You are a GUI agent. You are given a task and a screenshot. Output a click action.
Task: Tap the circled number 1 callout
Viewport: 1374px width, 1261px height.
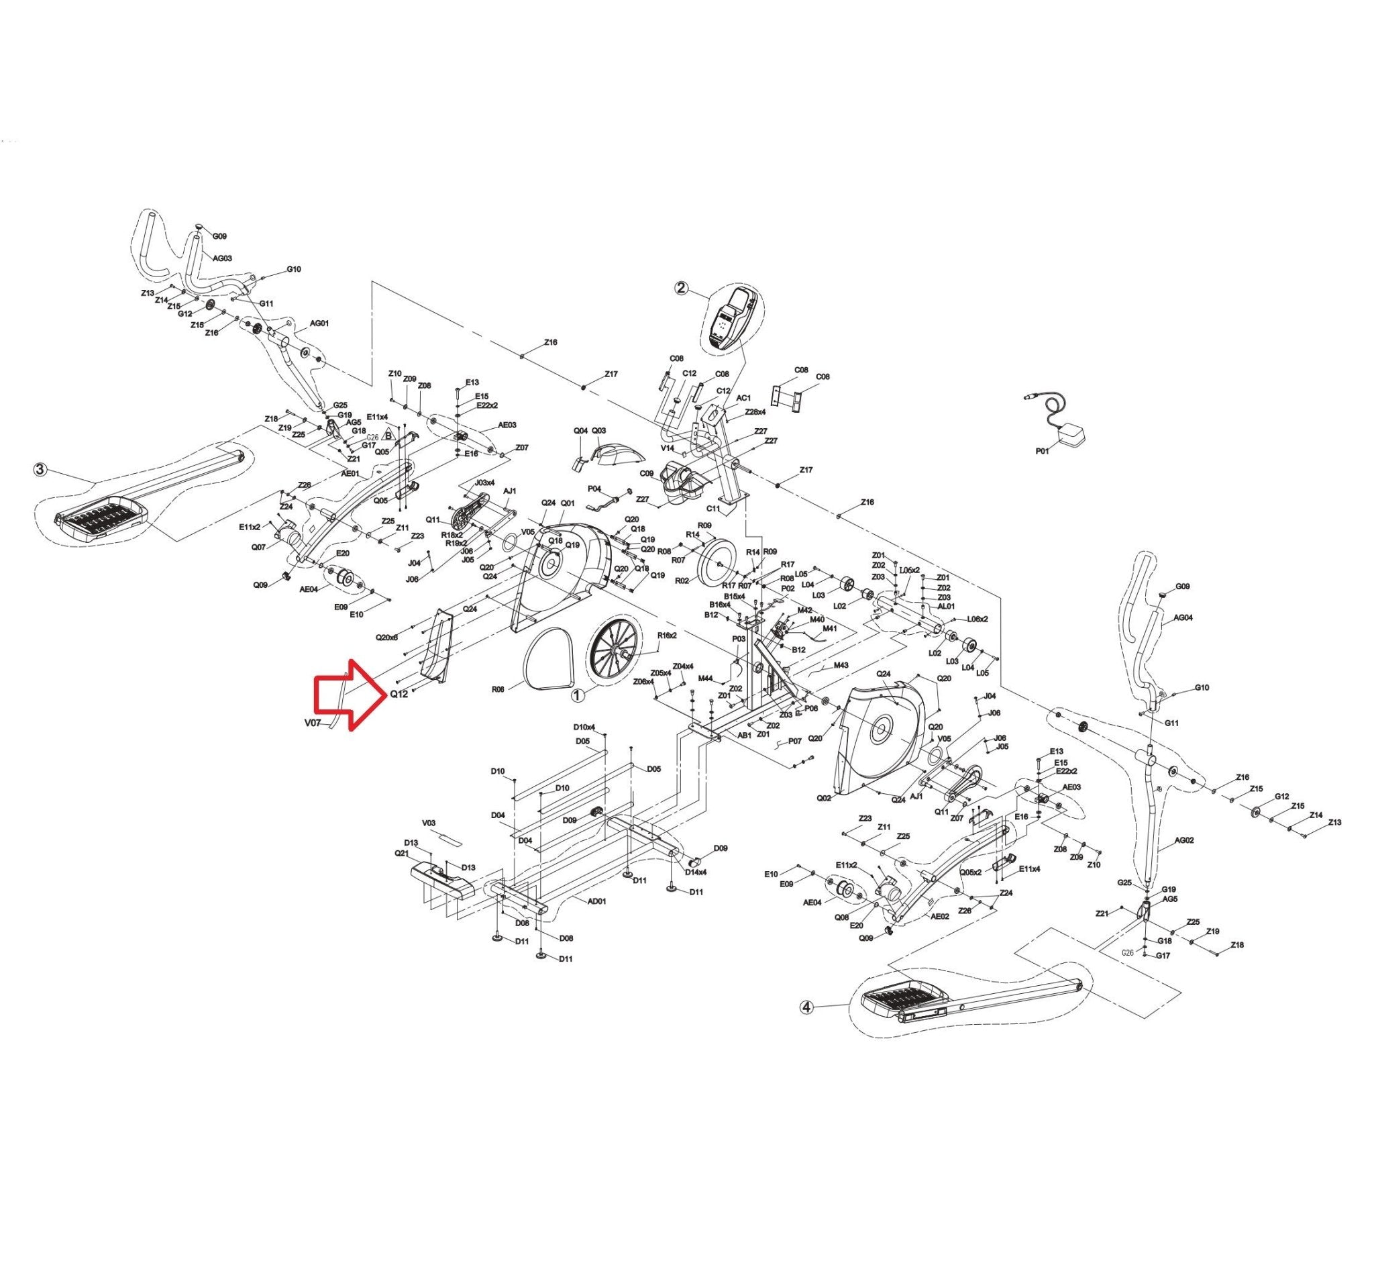(x=578, y=695)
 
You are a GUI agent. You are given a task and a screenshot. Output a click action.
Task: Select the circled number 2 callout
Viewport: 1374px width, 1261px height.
(x=681, y=288)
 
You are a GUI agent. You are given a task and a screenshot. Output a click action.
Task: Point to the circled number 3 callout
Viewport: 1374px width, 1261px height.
(x=41, y=470)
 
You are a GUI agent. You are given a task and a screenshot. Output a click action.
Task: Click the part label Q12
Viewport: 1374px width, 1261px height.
(x=399, y=695)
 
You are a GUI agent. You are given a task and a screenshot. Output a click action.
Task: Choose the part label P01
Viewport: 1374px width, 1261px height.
(x=1042, y=451)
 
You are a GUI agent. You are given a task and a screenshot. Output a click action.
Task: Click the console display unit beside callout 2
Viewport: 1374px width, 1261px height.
(x=733, y=319)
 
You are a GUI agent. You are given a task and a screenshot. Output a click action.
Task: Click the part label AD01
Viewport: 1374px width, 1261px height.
(x=596, y=901)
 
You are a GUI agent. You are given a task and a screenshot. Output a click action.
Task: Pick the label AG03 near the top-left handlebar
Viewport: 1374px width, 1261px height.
(x=223, y=258)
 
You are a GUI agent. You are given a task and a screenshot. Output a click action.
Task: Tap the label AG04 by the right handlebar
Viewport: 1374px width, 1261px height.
(x=1183, y=618)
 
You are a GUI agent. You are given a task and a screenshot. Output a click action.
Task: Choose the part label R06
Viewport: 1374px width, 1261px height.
(x=498, y=690)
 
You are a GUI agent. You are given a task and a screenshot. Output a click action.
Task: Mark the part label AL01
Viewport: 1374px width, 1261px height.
(x=946, y=606)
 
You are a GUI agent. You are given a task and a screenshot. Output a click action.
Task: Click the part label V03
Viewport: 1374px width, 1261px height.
(x=429, y=823)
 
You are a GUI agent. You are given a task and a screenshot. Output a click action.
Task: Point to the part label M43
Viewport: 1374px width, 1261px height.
(x=841, y=665)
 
